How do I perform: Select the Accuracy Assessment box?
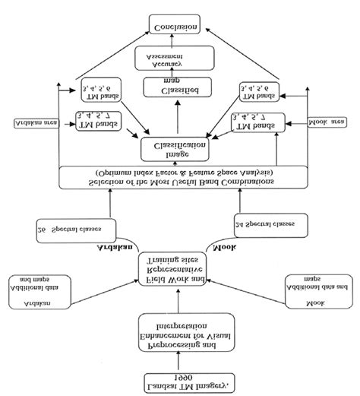[x=176, y=59]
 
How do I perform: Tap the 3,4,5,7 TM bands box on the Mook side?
[x=262, y=121]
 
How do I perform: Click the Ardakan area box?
[x=35, y=122]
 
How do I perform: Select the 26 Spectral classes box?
[x=68, y=226]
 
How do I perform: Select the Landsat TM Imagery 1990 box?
[x=176, y=381]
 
